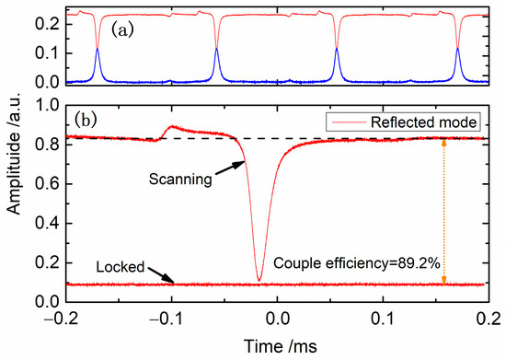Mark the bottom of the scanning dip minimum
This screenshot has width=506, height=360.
[259, 279]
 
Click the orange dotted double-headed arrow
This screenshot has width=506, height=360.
[445, 211]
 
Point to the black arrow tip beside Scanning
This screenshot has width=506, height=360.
[245, 163]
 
